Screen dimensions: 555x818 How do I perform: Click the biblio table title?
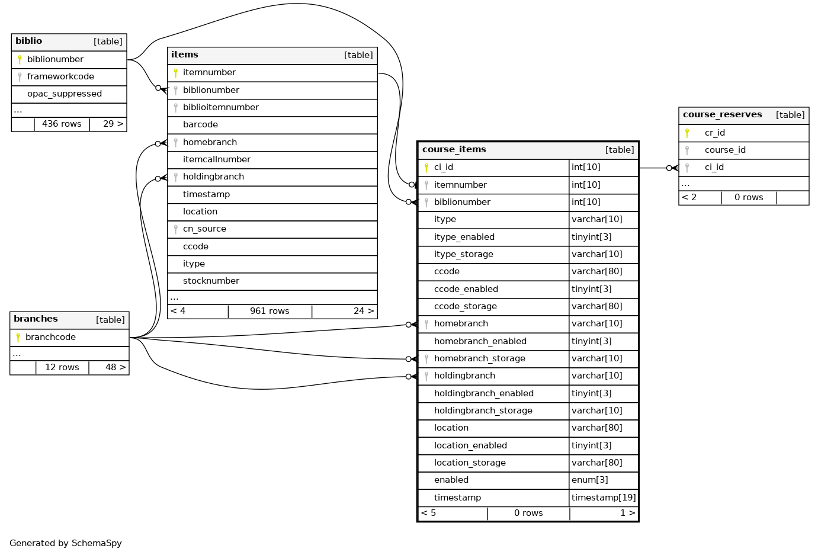[29, 41]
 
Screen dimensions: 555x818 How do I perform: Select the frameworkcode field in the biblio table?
[60, 76]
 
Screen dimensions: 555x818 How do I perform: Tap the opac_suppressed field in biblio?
[64, 94]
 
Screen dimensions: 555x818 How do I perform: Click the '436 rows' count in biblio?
[62, 124]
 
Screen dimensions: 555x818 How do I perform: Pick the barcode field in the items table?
[200, 124]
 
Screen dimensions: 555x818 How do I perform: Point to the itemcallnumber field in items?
[216, 159]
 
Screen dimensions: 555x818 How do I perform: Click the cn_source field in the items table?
[204, 229]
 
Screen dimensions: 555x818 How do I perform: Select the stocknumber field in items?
[211, 281]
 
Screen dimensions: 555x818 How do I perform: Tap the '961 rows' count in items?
[270, 311]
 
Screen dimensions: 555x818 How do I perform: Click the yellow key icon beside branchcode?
[18, 337]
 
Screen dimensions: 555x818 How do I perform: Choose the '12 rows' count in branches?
[62, 367]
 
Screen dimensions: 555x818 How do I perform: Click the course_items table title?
[454, 149]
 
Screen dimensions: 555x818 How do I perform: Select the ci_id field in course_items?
[444, 167]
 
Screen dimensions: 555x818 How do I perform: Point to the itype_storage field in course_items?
[463, 254]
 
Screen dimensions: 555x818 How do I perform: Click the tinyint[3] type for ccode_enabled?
[591, 289]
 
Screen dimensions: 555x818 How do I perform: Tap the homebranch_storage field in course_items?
[479, 358]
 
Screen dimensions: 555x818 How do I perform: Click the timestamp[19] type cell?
[604, 498]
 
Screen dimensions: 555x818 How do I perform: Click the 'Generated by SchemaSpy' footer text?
[66, 543]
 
